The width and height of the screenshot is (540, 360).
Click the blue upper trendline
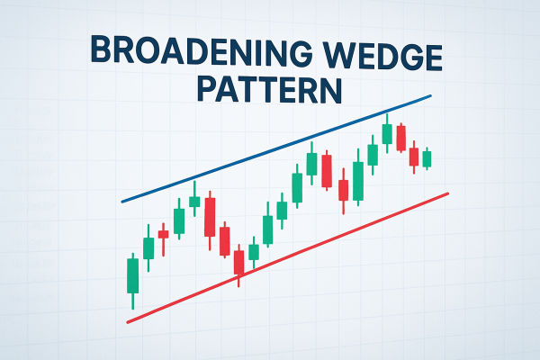tap(270, 149)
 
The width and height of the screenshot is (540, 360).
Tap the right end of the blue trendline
tap(430, 95)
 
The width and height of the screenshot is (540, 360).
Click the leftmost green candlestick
tap(133, 275)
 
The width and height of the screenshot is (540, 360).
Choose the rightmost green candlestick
tap(427, 158)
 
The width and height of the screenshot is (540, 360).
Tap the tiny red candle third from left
tap(163, 234)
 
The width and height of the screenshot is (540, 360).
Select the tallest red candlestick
tap(210, 216)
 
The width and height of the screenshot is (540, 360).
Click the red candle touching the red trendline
tap(238, 262)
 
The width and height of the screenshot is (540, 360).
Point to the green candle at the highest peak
tap(387, 134)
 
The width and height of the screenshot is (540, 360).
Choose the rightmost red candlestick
tap(414, 157)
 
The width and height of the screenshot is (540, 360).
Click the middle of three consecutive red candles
tap(224, 238)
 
